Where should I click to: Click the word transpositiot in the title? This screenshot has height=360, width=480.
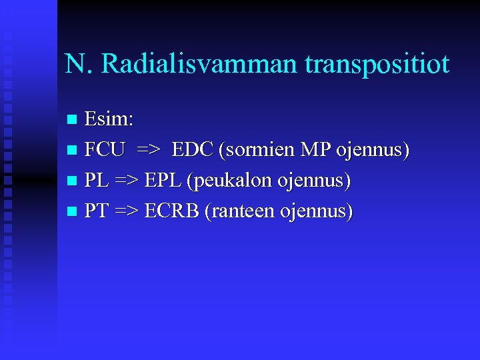(377, 65)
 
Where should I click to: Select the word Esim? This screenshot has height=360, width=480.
(109, 120)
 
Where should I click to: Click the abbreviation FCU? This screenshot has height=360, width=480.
(105, 150)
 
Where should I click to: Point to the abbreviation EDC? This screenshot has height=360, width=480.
(193, 150)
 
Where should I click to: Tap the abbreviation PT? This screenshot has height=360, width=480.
(97, 211)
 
